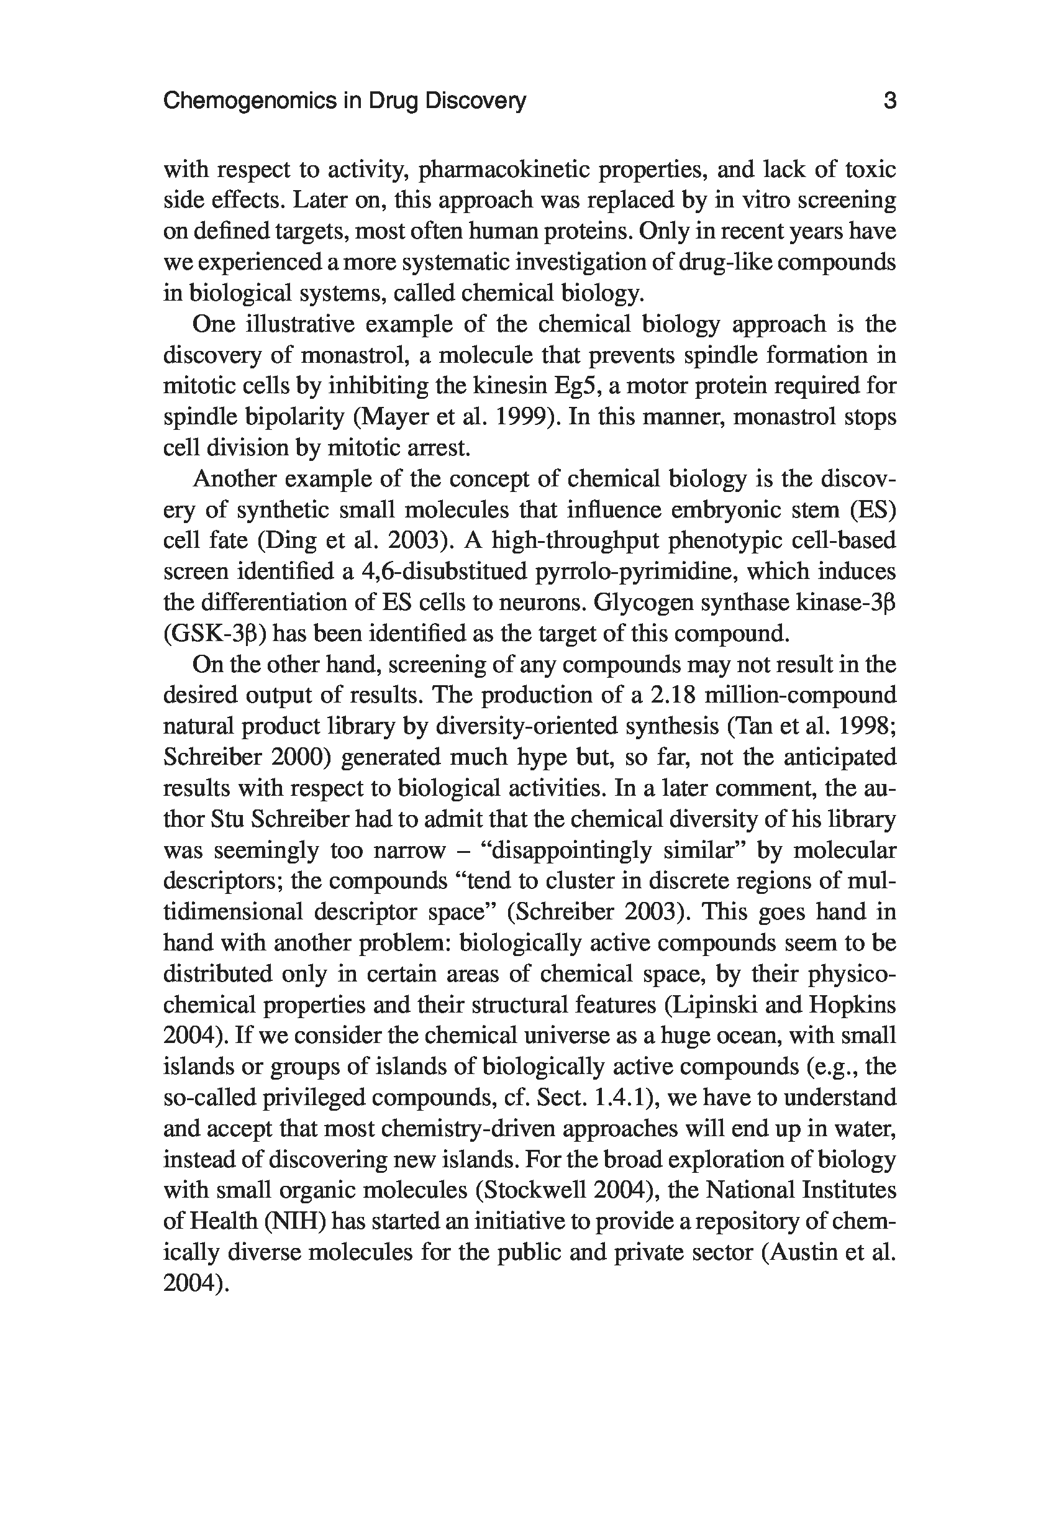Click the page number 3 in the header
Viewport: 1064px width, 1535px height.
(x=889, y=101)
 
